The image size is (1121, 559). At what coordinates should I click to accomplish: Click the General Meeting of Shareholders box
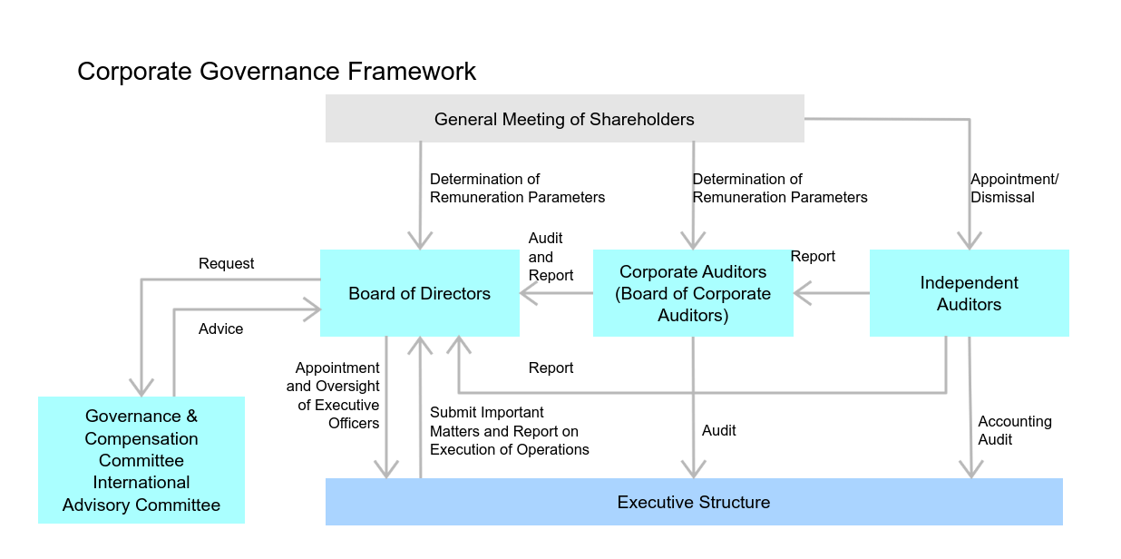pos(564,119)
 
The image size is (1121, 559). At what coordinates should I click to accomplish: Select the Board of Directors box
pos(419,293)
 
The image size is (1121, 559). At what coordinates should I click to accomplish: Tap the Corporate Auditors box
pos(693,293)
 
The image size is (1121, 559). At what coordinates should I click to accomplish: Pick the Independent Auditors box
pos(969,293)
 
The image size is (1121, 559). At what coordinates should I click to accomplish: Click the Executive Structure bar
pos(693,502)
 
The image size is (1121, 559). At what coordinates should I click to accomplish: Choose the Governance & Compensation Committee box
pos(141,460)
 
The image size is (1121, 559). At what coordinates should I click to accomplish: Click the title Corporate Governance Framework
pos(277,71)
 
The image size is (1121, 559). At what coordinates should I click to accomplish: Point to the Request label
pos(226,263)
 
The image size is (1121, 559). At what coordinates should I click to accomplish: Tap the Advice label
pos(220,329)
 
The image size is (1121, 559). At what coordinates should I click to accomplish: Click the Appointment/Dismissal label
pos(1014,188)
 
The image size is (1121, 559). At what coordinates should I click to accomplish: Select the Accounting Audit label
pos(1014,430)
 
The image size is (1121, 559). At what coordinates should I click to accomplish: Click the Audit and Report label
pos(551,256)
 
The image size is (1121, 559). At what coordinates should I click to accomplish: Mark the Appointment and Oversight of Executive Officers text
pos(335,395)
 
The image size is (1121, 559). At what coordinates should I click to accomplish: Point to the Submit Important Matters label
pos(509,430)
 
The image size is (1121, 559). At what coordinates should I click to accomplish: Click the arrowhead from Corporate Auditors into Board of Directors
pos(528,293)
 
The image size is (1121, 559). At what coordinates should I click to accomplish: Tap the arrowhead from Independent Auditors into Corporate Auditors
pos(802,293)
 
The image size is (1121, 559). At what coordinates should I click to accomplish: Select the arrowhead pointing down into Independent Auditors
pos(970,240)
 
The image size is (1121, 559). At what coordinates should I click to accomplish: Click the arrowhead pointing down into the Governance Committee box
pos(141,387)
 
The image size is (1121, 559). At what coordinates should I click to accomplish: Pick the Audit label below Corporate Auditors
pos(718,430)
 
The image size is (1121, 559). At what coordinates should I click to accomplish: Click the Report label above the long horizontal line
pos(551,368)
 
